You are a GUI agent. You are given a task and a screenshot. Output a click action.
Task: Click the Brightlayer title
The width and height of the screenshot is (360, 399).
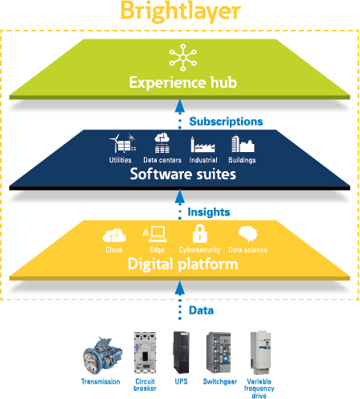pyautogui.click(x=181, y=11)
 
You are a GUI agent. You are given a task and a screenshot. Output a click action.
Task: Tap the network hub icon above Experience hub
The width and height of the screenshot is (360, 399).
pyautogui.click(x=183, y=57)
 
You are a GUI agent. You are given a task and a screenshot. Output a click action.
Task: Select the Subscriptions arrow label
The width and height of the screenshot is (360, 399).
pyautogui.click(x=226, y=121)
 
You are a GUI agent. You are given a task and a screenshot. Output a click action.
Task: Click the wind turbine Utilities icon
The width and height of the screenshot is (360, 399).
pyautogui.click(x=122, y=143)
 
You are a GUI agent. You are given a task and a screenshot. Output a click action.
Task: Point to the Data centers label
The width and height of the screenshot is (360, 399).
pyautogui.click(x=162, y=160)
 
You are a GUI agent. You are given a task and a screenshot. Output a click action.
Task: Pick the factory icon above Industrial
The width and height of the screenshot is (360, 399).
pyautogui.click(x=202, y=144)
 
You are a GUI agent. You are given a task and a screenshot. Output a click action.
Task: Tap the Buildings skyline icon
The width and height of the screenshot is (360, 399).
pyautogui.click(x=243, y=143)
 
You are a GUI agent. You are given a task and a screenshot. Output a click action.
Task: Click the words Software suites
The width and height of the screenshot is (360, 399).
pyautogui.click(x=183, y=174)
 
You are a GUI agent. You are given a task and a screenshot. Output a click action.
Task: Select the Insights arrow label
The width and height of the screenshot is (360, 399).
pyautogui.click(x=209, y=212)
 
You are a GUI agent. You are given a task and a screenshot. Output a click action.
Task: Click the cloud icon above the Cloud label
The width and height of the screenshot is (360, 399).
pyautogui.click(x=114, y=235)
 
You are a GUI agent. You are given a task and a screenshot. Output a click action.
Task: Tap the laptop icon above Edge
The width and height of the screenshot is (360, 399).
pyautogui.click(x=155, y=234)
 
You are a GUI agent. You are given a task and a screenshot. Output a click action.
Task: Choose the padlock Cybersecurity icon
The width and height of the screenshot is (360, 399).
pyautogui.click(x=200, y=233)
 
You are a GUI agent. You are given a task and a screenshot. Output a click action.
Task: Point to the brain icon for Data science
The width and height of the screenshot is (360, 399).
pyautogui.click(x=247, y=234)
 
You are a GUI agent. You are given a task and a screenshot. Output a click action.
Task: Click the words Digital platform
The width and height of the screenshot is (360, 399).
pyautogui.click(x=183, y=264)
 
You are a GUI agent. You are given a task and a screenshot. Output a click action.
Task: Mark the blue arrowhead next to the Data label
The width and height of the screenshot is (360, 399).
pyautogui.click(x=180, y=289)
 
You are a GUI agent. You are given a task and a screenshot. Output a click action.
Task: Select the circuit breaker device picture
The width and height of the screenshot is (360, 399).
pyautogui.click(x=145, y=352)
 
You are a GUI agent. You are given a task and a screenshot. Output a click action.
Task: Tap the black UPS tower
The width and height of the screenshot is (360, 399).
pyautogui.click(x=182, y=352)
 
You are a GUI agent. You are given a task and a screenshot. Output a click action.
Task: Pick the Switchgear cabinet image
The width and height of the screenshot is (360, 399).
pyautogui.click(x=219, y=352)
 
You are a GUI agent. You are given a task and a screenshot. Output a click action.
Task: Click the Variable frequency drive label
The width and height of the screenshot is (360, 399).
pyautogui.click(x=259, y=389)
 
